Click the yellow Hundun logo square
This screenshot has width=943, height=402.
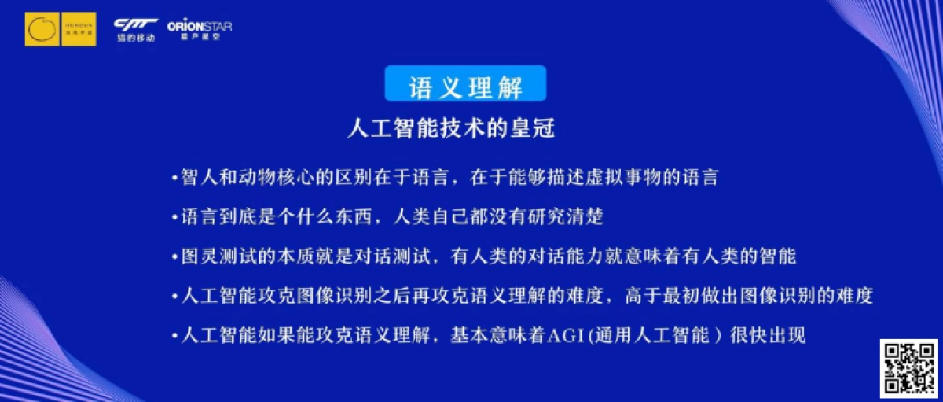click(x=61, y=29)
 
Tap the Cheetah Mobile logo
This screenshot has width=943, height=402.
click(x=135, y=29)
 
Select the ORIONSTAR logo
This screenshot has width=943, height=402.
click(x=200, y=29)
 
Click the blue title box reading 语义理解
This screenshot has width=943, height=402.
click(x=465, y=83)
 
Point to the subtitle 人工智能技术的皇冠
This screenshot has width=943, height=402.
click(x=451, y=128)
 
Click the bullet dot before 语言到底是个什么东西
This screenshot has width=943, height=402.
click(x=175, y=216)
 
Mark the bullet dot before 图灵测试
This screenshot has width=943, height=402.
click(x=175, y=256)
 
